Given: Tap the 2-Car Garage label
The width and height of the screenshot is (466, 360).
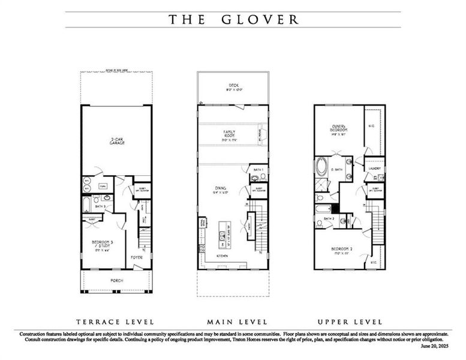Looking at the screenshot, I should click(116, 142).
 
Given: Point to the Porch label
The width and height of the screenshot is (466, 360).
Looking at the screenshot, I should click(116, 280).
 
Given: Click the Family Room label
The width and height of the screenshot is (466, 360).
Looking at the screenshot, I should click(229, 133).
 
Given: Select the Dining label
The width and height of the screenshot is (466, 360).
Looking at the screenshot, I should click(221, 191).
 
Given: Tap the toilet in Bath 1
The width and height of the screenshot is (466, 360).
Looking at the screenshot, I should click(255, 178).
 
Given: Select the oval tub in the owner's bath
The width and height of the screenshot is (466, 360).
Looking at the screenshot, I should click(323, 166).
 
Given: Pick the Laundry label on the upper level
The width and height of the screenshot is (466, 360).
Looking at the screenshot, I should click(374, 160).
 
